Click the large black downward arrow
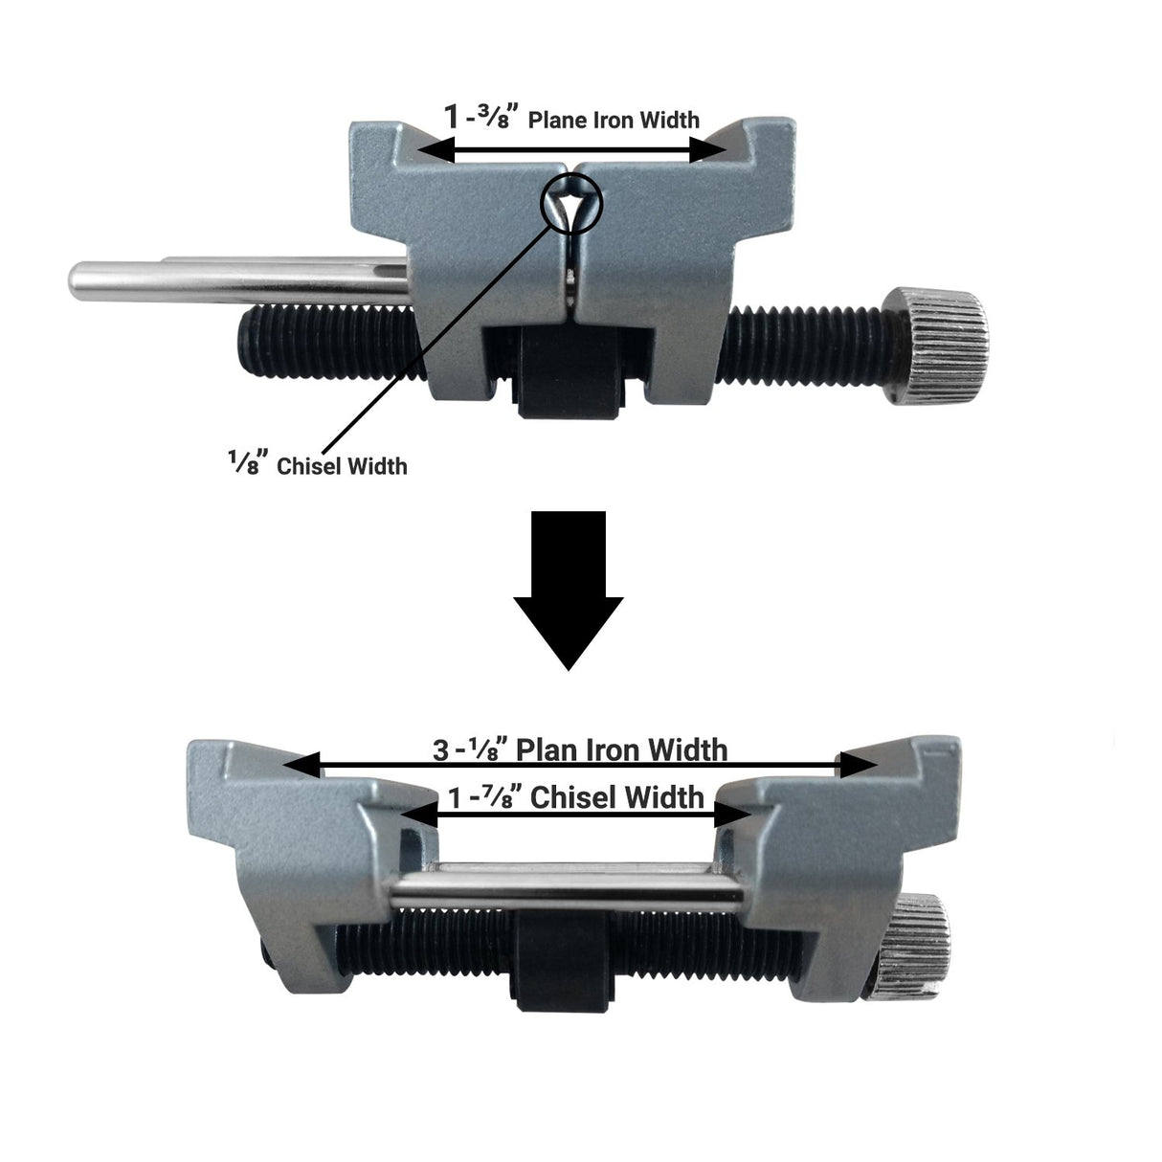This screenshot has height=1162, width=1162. [569, 593]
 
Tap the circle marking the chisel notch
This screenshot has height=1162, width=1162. [571, 202]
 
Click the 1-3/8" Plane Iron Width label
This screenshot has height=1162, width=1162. [571, 119]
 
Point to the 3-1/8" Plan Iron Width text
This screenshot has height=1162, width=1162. [580, 749]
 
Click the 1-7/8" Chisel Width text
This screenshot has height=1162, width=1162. [575, 796]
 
